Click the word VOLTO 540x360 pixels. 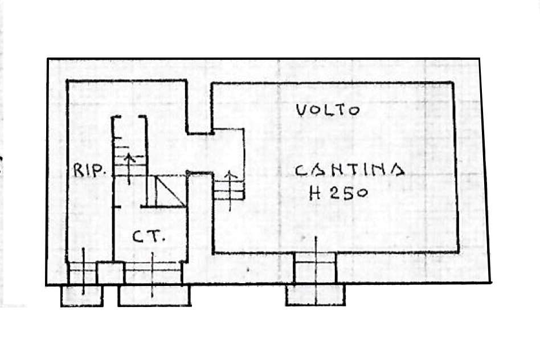point(328,111)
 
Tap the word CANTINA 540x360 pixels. point(350,170)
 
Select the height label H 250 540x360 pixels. point(338,193)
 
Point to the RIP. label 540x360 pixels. point(89,170)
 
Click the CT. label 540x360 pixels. point(149,236)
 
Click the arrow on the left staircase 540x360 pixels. point(129,169)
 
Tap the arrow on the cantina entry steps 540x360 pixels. point(230,190)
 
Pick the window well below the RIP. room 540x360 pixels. point(82,296)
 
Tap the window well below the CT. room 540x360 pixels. point(154,296)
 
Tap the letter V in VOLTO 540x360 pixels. point(302,111)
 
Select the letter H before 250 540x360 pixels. point(315,193)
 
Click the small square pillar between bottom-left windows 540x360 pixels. point(110,273)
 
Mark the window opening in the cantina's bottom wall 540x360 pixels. point(315,268)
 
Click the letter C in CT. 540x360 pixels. point(139,236)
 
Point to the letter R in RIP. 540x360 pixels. point(79,170)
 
